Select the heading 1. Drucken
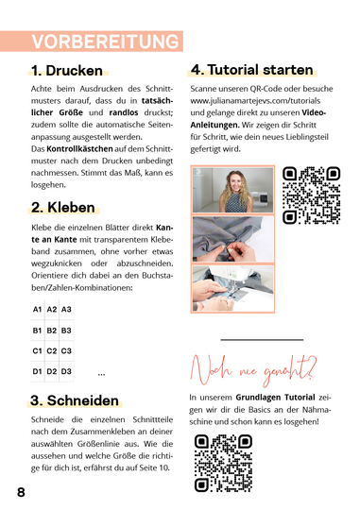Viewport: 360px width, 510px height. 68,71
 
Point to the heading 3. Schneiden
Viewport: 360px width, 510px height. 75,400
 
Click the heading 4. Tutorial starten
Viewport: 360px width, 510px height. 251,70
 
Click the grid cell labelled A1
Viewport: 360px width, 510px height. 37,310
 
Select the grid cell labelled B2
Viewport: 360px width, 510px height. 52,331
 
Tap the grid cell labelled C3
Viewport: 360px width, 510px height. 66,351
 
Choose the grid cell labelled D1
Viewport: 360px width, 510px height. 37,372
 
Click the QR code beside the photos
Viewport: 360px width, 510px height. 311,195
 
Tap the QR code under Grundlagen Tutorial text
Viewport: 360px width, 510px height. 223,462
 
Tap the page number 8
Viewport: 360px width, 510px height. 21,494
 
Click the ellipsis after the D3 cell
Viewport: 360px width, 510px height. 101,375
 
